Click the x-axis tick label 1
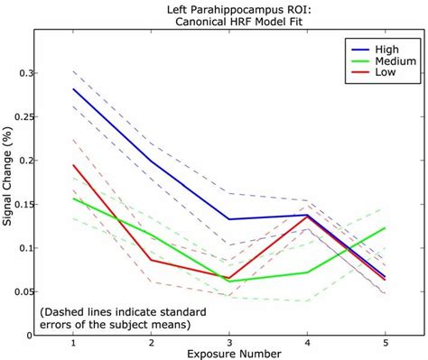[x=72, y=344]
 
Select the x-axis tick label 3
[x=230, y=344]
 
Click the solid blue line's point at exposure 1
[x=72, y=88]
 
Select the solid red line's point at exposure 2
[x=152, y=259]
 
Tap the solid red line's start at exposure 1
[x=72, y=165]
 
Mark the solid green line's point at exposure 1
[x=72, y=198]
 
